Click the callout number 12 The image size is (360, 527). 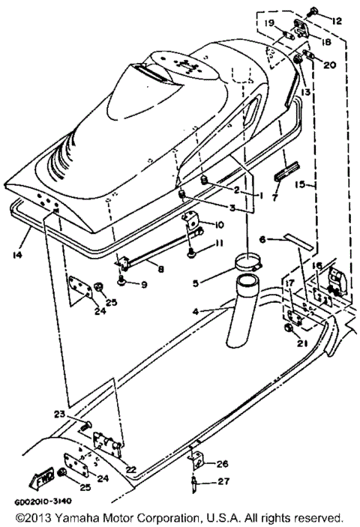[x=335, y=20]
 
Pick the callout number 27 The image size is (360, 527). [x=222, y=482]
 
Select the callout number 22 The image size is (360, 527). [x=131, y=469]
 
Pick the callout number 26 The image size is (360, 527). [x=222, y=464]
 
